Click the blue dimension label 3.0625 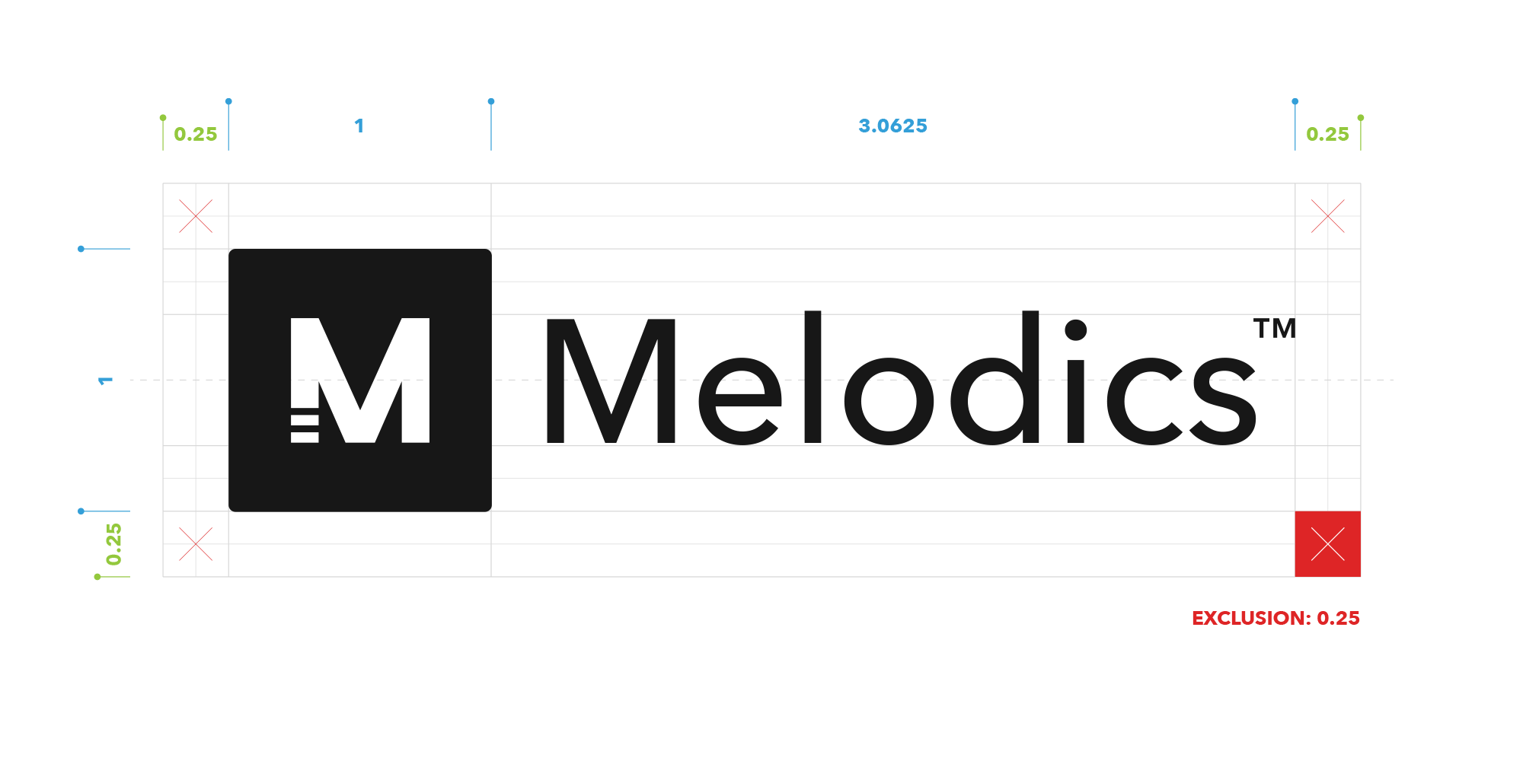tap(892, 126)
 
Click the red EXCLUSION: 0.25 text tap(1276, 619)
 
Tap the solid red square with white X tap(1328, 544)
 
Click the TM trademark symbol tap(1275, 328)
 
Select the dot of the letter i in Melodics tap(1075, 330)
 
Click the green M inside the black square tap(360, 380)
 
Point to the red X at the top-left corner tap(196, 216)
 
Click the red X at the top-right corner tap(1328, 216)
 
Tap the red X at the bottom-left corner tap(196, 544)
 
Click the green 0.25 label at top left tap(196, 135)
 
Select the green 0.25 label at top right tap(1327, 135)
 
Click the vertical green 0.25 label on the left tap(113, 544)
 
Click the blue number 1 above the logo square tap(359, 126)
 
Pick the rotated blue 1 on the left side tap(105, 380)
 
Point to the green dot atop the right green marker tap(1361, 118)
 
